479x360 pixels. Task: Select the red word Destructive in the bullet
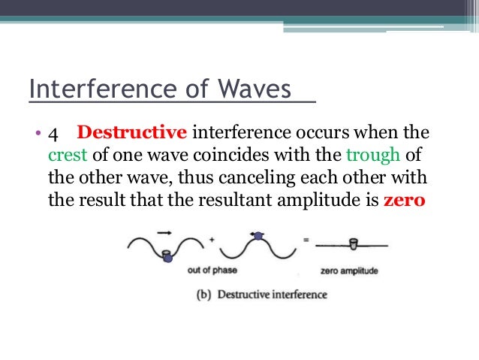tap(131, 134)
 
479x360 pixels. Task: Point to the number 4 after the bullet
tap(53, 134)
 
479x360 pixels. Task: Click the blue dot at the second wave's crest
tap(258, 236)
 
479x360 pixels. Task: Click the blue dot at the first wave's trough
tap(167, 258)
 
